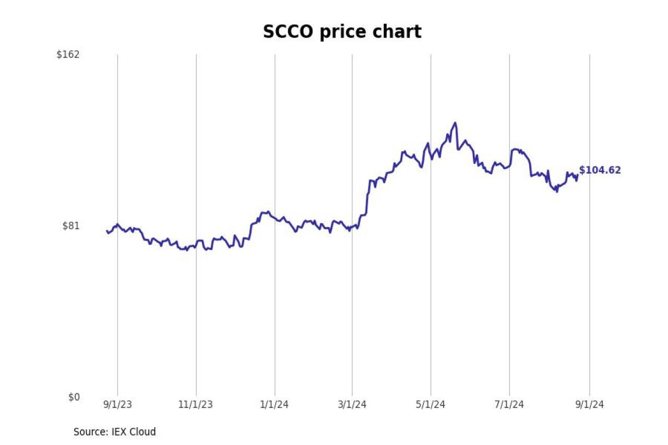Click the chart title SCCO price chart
[x=342, y=32]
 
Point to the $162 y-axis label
[x=68, y=54]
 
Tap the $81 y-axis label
[x=71, y=226]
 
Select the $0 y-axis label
[x=74, y=398]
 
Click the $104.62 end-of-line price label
[x=600, y=170]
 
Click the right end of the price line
[x=577, y=175]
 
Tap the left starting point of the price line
[x=107, y=231]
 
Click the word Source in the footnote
[x=90, y=432]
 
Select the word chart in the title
[x=398, y=32]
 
